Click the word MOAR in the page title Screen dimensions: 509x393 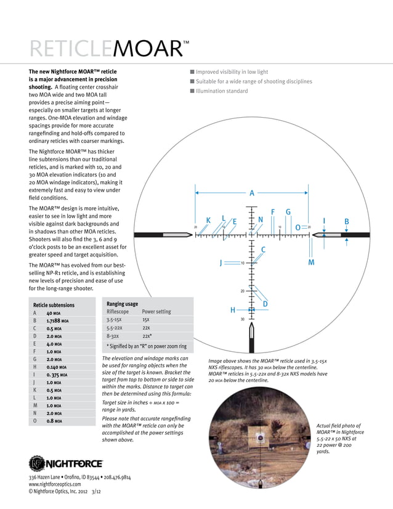click(148, 49)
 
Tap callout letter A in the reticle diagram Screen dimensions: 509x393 click(252, 193)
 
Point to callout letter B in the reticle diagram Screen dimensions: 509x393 click(347, 221)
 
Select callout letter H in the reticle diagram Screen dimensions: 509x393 click(233, 310)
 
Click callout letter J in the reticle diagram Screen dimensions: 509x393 click(221, 263)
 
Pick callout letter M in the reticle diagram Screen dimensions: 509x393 click(311, 263)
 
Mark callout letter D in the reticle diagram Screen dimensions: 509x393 click(265, 304)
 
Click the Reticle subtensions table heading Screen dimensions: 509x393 click(54, 305)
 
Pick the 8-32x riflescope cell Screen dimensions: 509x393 click(114, 336)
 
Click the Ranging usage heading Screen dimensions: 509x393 click(122, 304)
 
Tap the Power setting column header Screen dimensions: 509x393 click(156, 312)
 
